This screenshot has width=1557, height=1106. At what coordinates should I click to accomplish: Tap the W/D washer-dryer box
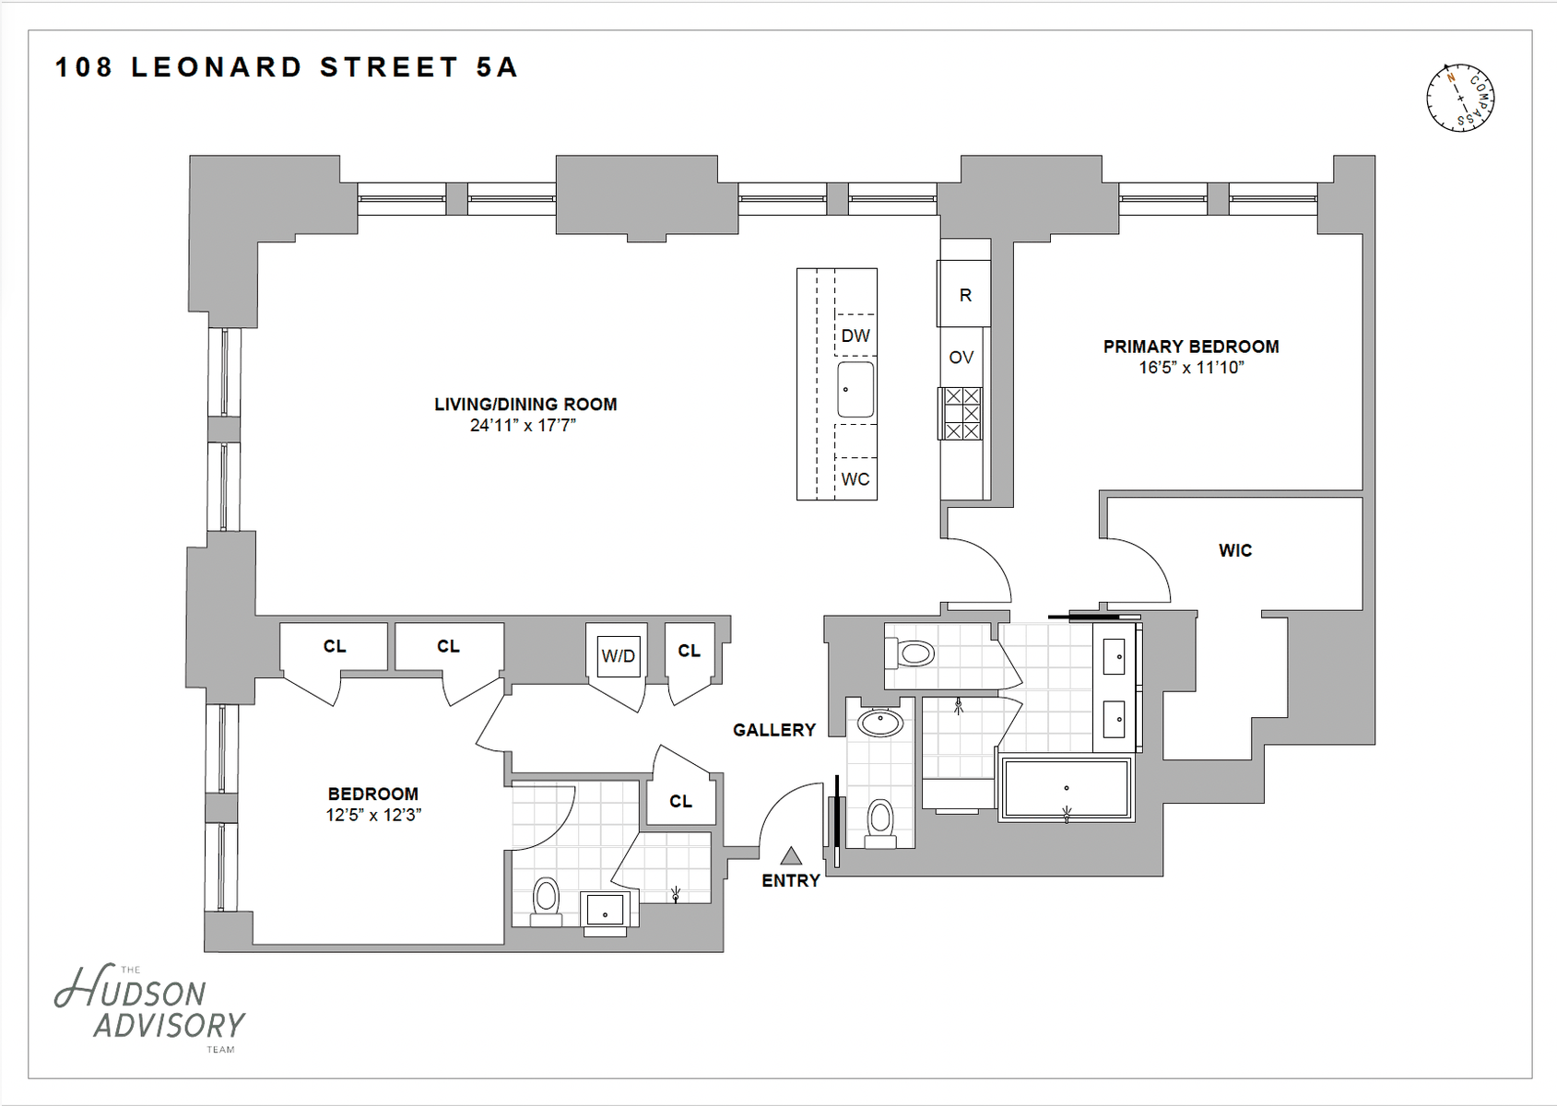pos(618,655)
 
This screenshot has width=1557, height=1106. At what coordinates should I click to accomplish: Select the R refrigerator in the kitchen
pos(964,294)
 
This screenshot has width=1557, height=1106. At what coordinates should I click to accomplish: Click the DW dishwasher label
pos(855,335)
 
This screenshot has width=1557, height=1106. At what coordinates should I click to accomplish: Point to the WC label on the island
pos(855,479)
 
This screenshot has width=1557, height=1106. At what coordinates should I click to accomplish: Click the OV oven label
pos(961,358)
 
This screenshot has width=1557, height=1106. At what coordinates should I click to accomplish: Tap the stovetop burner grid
pos(961,414)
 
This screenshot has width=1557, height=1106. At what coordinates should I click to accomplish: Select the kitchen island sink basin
pos(855,389)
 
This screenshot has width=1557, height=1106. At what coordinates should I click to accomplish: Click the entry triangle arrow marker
pos(791,855)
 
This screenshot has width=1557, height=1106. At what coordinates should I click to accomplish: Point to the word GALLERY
pos(774,730)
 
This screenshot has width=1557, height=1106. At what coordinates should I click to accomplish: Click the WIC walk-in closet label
pos(1235,550)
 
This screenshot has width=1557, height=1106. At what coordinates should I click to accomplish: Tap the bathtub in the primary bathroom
pos(1067,789)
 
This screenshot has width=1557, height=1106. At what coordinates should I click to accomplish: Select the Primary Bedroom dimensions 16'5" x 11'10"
pos(1191,368)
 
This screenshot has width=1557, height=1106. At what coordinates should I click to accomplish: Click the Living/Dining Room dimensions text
pos(523,426)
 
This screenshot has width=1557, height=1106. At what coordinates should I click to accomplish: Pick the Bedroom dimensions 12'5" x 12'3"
pos(374,815)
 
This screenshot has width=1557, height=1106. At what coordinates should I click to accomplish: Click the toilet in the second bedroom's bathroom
pos(546,901)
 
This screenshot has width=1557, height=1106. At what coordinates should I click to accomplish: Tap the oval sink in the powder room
pos(880,724)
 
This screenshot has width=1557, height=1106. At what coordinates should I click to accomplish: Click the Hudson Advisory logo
pos(149,1007)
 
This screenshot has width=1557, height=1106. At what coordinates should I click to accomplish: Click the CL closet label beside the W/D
pos(689,651)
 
